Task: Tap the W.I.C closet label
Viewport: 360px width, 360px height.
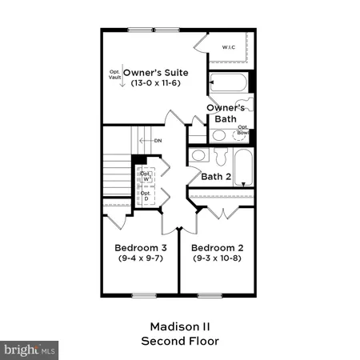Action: coord(228,46)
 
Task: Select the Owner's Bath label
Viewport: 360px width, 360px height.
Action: coord(225,113)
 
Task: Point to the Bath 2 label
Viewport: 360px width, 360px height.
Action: coord(216,177)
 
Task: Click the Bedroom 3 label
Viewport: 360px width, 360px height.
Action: coord(140,246)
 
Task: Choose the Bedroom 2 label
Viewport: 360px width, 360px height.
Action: coord(218,246)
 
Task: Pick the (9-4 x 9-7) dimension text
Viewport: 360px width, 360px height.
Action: coord(140,258)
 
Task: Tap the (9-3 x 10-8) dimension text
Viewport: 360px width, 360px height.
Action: coord(218,258)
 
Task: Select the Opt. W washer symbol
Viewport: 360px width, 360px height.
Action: coord(146,176)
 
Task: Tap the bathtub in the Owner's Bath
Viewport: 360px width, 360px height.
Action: coord(228,83)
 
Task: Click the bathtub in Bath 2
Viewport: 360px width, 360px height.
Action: coord(244,168)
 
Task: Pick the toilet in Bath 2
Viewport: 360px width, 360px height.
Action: coord(198,155)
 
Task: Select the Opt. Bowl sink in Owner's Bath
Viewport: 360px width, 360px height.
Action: coord(241,135)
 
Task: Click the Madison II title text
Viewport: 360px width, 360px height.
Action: coord(179,326)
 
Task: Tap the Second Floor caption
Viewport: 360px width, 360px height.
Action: coord(179,341)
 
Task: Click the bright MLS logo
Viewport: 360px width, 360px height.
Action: coord(29,350)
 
